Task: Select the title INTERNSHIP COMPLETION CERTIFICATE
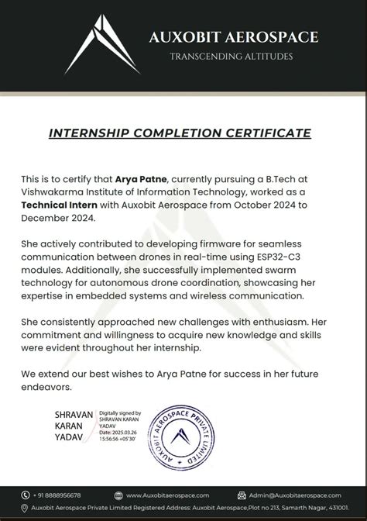(x=180, y=133)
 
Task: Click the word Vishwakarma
(x=51, y=191)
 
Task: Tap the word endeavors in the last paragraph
(x=47, y=386)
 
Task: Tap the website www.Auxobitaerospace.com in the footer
(x=167, y=495)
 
